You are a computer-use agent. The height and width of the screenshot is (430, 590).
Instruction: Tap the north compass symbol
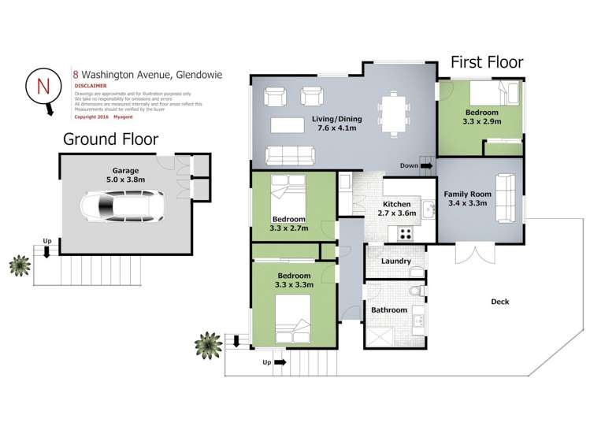click(x=40, y=87)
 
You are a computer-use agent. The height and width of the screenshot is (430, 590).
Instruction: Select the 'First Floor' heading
click(x=486, y=62)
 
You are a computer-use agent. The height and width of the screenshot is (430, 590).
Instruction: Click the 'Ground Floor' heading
click(x=110, y=139)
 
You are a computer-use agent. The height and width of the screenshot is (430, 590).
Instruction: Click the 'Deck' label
click(x=500, y=301)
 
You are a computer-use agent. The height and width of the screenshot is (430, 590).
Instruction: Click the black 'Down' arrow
click(x=427, y=166)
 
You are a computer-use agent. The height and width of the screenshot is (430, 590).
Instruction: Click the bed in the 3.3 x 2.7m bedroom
click(x=288, y=191)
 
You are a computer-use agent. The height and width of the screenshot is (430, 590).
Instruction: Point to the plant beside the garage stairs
click(x=19, y=265)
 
